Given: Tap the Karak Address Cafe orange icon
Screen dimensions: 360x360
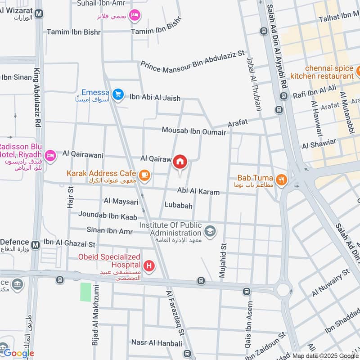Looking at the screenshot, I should (x=144, y=174).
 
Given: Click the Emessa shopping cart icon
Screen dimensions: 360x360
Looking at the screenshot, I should (x=118, y=94).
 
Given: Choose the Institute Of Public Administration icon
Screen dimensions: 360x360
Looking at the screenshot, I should (x=210, y=231).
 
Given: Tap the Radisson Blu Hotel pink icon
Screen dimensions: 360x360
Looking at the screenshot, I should (x=50, y=155).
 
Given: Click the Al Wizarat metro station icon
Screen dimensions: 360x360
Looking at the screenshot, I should (x=39, y=13).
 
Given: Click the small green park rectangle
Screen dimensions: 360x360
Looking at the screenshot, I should (x=85, y=292).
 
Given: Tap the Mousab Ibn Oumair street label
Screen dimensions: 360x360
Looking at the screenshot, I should (x=194, y=130).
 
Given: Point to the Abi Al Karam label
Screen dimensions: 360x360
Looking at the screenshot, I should (x=198, y=192).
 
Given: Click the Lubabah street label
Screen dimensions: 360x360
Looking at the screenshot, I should (x=178, y=206).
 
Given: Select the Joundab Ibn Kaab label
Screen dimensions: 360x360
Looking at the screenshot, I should (x=108, y=216).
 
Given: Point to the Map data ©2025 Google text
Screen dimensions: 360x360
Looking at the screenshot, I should (x=325, y=355).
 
